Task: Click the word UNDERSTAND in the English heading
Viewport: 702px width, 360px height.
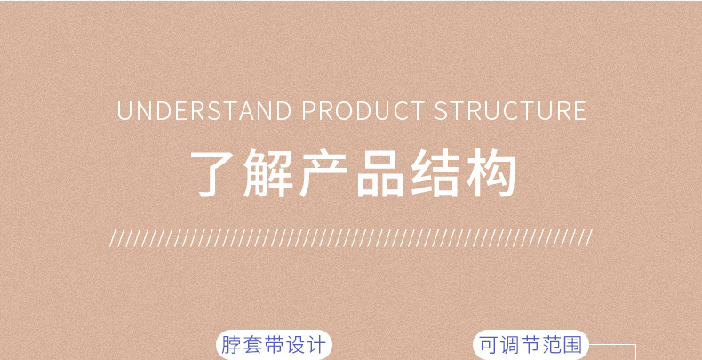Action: pyautogui.click(x=204, y=112)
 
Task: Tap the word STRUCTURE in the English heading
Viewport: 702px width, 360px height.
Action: pyautogui.click(x=510, y=112)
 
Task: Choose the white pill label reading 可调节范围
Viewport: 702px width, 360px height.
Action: pyautogui.click(x=531, y=345)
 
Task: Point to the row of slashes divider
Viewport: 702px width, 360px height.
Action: pyautogui.click(x=350, y=238)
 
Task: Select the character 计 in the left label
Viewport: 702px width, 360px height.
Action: pyautogui.click(x=316, y=345)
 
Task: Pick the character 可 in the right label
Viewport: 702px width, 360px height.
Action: pyautogui.click(x=490, y=345)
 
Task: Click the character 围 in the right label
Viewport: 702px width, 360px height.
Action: pyautogui.click(x=573, y=345)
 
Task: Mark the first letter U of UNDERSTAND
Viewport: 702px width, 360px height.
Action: pyautogui.click(x=124, y=112)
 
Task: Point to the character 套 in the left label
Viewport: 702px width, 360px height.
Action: pyautogui.click(x=253, y=345)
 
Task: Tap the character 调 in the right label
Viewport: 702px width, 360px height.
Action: pyautogui.click(x=510, y=345)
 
